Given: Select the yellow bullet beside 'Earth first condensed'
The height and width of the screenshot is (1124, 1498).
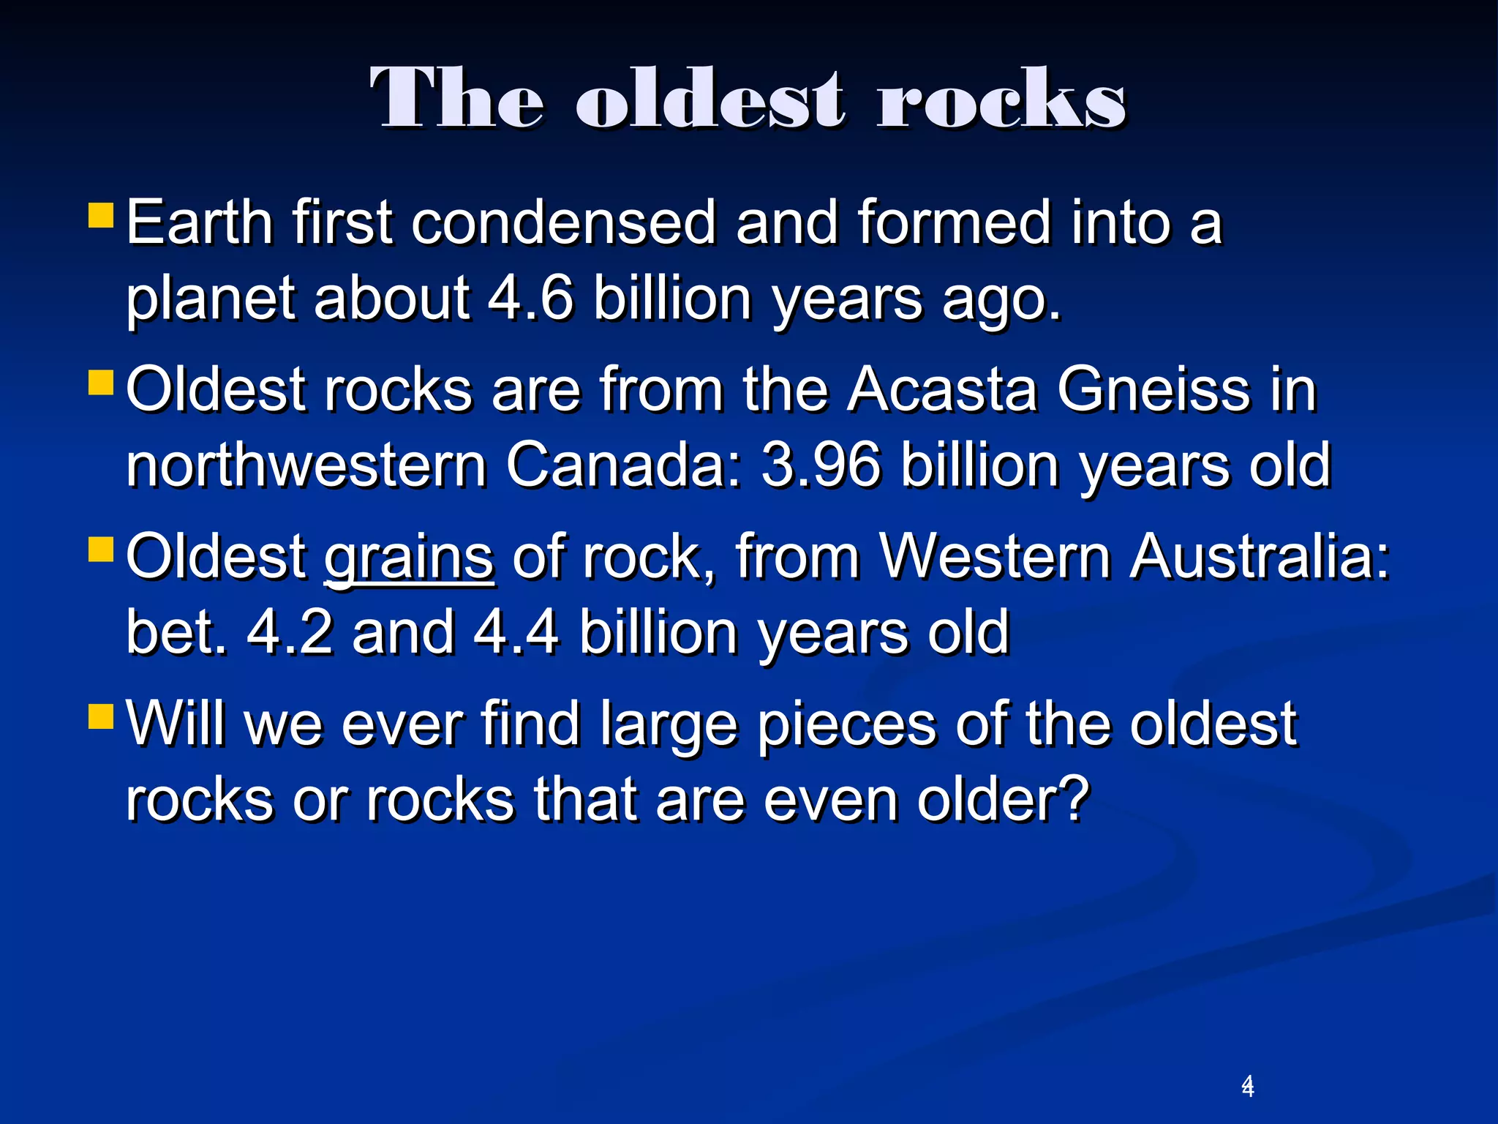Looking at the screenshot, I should pyautogui.click(x=101, y=216).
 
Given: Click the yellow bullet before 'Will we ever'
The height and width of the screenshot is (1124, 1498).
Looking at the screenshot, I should pyautogui.click(x=101, y=716).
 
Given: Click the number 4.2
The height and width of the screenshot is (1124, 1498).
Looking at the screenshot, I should pyautogui.click(x=290, y=632).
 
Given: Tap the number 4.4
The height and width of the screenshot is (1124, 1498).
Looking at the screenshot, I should pyautogui.click(x=516, y=632).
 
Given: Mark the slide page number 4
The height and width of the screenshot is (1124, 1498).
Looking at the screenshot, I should pyautogui.click(x=1248, y=1086).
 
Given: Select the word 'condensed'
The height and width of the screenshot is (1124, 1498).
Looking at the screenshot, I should pyautogui.click(x=563, y=222).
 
